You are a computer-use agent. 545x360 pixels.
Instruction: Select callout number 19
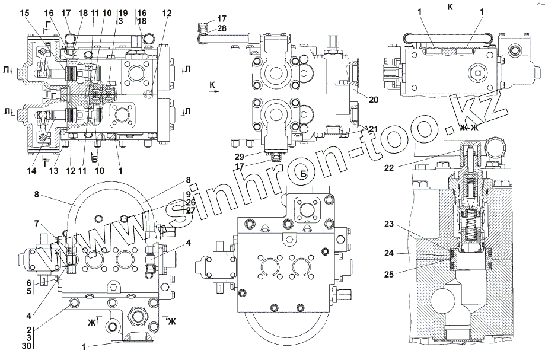pos(123,12)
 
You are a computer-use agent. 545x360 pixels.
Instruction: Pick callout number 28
pos(205,28)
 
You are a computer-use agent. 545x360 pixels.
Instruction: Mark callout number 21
pos(373,129)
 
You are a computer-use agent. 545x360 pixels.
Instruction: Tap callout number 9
pos(188,194)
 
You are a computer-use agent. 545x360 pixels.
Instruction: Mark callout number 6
pos(28,283)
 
